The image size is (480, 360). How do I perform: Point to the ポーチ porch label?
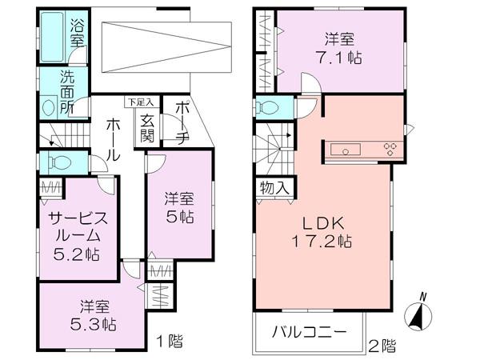click(x=181, y=121)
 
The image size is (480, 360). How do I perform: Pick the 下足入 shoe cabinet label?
click(x=135, y=102)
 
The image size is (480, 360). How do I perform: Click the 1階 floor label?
click(x=170, y=342)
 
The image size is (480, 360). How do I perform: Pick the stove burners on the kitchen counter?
click(x=392, y=148)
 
